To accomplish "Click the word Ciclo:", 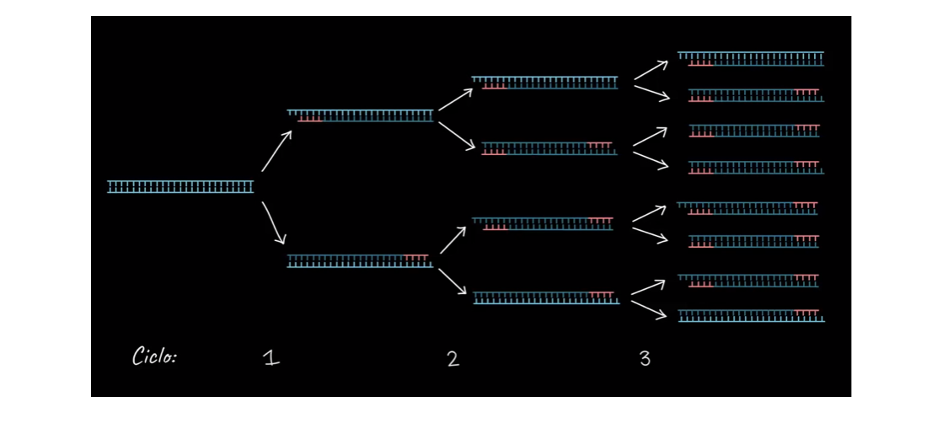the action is tap(154, 356).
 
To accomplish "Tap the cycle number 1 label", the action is tap(271, 358).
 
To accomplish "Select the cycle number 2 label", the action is tap(453, 359).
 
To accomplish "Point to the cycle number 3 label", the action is tap(645, 359).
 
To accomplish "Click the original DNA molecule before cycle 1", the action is tap(180, 187).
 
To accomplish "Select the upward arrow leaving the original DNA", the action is tap(276, 151).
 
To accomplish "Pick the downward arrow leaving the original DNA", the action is tap(273, 223).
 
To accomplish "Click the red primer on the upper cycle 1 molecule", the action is tap(310, 119).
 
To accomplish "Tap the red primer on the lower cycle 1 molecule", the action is tap(416, 258).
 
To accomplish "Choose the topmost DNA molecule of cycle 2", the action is tap(544, 83).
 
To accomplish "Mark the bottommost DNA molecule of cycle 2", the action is tap(547, 297).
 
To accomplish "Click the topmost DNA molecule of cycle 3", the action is tap(750, 59).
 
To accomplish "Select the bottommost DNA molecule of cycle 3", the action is tap(752, 315).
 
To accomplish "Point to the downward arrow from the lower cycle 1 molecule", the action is tap(453, 281).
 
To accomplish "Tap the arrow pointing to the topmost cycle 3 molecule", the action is tap(651, 69).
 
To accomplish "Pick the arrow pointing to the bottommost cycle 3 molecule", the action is tap(649, 309).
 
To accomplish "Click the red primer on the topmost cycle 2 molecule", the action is tap(494, 87).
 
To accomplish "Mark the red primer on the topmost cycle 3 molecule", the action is tap(701, 63).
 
